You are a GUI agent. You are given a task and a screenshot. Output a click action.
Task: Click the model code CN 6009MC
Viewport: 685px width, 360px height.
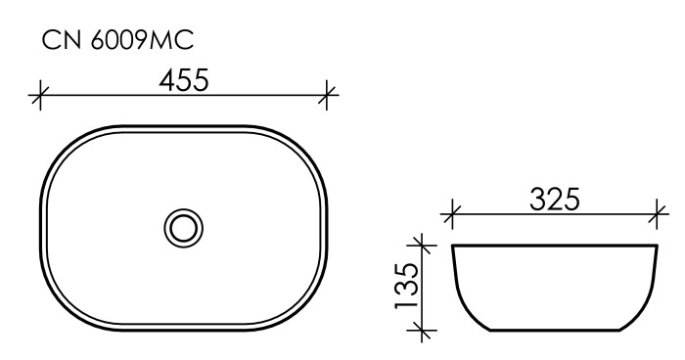pyautogui.click(x=116, y=41)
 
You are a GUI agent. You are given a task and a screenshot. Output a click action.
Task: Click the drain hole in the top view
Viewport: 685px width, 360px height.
pyautogui.click(x=183, y=228)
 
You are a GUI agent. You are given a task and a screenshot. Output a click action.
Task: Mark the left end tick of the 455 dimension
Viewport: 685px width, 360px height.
pyautogui.click(x=40, y=95)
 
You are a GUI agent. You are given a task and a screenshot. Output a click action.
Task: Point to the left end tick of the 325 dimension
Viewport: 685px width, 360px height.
pyautogui.click(x=451, y=211)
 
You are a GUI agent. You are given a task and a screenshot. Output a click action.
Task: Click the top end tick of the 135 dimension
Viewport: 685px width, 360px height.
pyautogui.click(x=422, y=242)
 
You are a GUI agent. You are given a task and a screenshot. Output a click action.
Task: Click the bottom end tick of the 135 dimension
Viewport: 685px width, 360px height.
pyautogui.click(x=422, y=331)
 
